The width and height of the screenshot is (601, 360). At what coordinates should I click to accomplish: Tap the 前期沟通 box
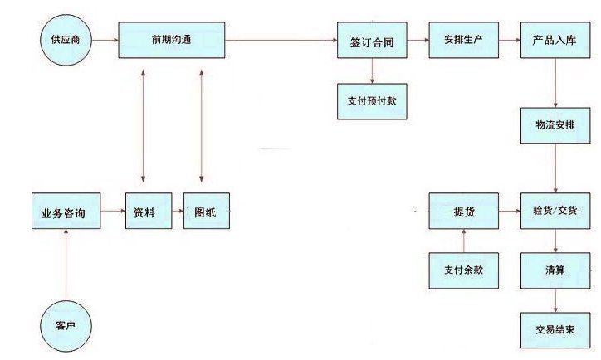click(172, 40)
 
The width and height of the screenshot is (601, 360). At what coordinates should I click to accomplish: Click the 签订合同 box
click(373, 41)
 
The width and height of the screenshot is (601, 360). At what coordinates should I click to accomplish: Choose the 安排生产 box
click(463, 41)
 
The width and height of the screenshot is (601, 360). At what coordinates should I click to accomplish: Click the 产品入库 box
click(555, 41)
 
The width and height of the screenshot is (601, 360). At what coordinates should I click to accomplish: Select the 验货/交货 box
click(555, 212)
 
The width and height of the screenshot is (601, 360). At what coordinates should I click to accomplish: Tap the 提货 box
click(463, 212)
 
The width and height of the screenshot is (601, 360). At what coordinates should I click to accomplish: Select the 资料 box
click(145, 212)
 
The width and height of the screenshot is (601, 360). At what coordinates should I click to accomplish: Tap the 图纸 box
click(204, 212)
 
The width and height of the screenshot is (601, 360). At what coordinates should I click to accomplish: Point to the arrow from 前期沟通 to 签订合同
click(281, 40)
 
